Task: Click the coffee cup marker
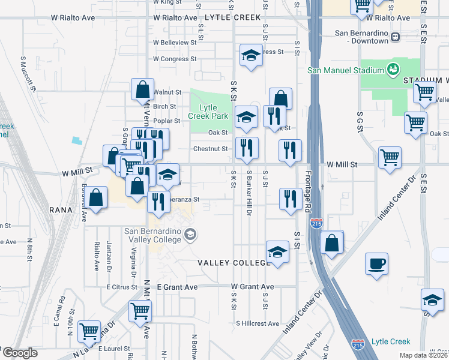376,263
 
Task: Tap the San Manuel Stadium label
345,70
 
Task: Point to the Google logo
20,353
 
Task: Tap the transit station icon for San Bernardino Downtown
396,37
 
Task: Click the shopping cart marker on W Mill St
390,158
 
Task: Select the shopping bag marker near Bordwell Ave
95,197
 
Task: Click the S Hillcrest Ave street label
257,323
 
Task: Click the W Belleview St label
175,43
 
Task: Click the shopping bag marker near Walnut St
143,89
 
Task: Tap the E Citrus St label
122,287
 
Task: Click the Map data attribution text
426,354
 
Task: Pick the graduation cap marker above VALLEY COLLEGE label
277,252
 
